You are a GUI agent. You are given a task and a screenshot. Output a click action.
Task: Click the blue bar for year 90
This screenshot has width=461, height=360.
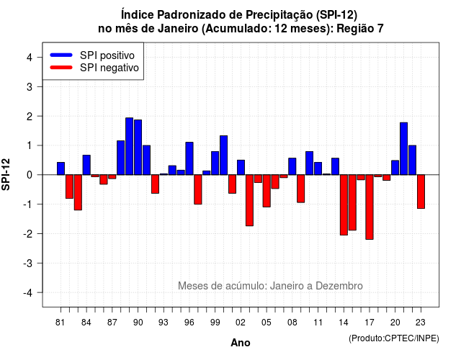[138, 147]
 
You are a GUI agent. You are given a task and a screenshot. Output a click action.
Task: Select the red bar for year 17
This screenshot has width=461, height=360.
[370, 207]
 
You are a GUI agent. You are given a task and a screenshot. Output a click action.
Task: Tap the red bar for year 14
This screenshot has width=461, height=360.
[344, 205]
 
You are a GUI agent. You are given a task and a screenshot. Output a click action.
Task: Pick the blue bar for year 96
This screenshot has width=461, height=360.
[189, 158]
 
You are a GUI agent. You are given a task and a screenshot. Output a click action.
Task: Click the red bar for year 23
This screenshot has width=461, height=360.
[421, 192]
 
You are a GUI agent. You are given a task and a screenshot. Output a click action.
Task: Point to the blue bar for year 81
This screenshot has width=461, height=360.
[61, 168]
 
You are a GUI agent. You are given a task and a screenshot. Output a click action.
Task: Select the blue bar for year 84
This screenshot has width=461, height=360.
[86, 165]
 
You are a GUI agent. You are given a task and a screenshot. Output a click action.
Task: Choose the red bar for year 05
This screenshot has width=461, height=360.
[267, 191]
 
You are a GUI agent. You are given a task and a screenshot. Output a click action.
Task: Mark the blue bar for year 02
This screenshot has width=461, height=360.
[241, 168]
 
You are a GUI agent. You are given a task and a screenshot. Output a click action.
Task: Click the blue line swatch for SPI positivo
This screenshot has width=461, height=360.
[61, 55]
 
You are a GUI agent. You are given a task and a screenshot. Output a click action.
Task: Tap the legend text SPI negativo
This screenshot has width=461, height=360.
[109, 68]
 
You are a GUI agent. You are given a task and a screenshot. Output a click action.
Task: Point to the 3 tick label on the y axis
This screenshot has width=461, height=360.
[30, 86]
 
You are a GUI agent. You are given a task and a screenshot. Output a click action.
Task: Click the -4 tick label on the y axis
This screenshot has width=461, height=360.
[28, 293]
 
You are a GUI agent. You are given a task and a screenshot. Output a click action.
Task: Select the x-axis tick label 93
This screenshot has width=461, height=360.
[164, 323]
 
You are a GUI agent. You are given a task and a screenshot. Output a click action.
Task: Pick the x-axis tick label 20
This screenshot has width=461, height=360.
[395, 323]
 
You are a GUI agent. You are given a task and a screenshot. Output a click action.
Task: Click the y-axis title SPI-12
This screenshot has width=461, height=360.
[6, 174]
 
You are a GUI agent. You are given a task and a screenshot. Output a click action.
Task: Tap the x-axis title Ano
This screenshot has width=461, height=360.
[241, 343]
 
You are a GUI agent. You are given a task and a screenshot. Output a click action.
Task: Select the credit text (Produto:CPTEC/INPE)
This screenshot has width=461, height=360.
[394, 338]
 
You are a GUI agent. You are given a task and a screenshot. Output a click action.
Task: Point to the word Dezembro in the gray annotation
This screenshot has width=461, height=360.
[339, 286]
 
